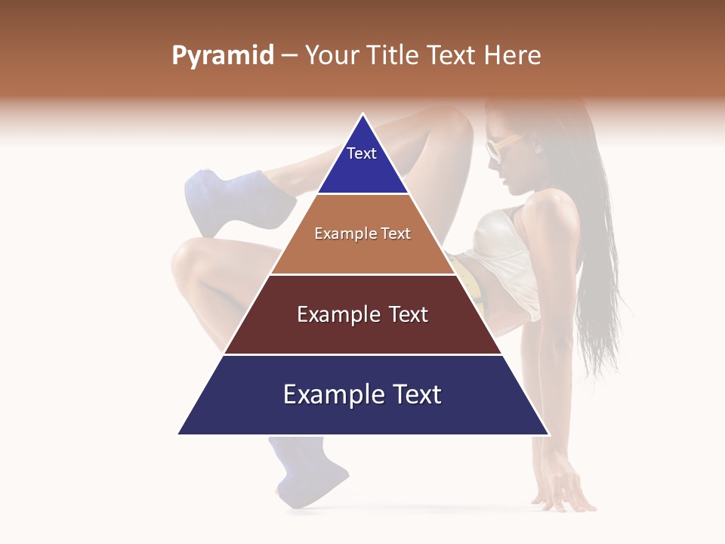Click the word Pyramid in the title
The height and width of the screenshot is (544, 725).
[x=222, y=56]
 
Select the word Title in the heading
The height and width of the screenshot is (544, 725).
[x=396, y=55]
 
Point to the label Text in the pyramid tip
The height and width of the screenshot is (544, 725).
[x=362, y=153]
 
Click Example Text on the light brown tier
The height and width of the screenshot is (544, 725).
[x=362, y=233]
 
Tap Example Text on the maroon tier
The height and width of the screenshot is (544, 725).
[x=362, y=314]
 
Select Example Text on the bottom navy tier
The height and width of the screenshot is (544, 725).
[x=362, y=394]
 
